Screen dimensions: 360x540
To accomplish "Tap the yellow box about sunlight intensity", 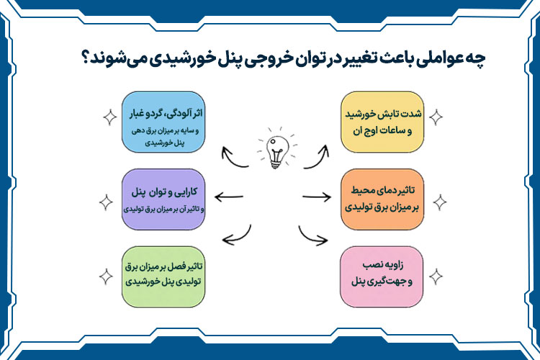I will coord(379,121).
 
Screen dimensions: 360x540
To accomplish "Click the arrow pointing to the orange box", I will coord(316,197).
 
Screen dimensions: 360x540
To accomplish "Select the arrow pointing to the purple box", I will coord(229,197).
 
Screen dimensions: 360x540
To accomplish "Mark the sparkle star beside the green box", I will coord(107,275).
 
